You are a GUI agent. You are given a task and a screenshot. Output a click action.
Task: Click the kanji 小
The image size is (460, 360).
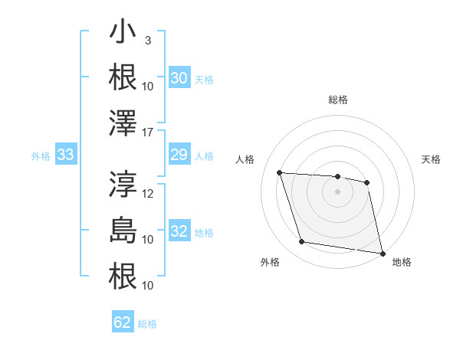123,34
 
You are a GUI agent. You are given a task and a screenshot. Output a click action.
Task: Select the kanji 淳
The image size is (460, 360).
123,184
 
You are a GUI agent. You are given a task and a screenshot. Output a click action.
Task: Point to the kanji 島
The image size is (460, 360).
123,230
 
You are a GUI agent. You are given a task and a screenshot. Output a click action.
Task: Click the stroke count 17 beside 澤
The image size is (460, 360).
149,131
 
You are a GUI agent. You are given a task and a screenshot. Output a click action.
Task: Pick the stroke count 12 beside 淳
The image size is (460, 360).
149,193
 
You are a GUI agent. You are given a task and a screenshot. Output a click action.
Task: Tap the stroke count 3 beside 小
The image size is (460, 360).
148,40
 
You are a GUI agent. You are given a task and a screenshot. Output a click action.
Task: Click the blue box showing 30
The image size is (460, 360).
179,78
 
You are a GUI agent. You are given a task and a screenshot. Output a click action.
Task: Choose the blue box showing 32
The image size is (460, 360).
179,232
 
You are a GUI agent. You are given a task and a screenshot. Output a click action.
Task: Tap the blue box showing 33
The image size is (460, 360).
65,155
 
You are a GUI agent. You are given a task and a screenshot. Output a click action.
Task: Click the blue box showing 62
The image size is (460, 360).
123,322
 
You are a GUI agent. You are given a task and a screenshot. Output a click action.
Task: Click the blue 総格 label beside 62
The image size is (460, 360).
147,324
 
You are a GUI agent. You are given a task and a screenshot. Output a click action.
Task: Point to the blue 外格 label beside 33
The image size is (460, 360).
41,156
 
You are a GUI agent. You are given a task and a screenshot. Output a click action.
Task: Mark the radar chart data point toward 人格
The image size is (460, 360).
280,172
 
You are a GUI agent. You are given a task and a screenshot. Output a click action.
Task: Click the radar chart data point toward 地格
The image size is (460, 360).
382,252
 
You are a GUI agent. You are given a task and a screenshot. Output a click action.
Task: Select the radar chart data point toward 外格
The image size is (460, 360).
302,242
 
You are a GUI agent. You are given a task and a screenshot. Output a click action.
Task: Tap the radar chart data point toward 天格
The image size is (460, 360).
367,182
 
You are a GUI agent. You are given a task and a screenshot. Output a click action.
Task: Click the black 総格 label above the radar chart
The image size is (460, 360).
338,100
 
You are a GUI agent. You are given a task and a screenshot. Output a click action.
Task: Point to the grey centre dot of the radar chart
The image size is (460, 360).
337,191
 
